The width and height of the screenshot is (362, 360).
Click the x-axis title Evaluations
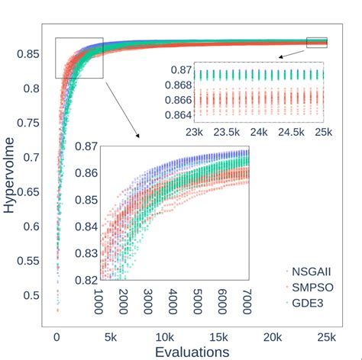pos(192,351)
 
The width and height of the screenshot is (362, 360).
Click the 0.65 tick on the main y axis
pos(31,191)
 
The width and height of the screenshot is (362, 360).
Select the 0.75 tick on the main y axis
pos(31,123)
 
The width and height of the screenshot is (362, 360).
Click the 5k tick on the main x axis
pos(109,336)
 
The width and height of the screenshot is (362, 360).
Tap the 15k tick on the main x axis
pos(218,336)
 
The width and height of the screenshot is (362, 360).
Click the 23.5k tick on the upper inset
pos(227,133)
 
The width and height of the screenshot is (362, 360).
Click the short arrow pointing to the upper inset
pos(290,53)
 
